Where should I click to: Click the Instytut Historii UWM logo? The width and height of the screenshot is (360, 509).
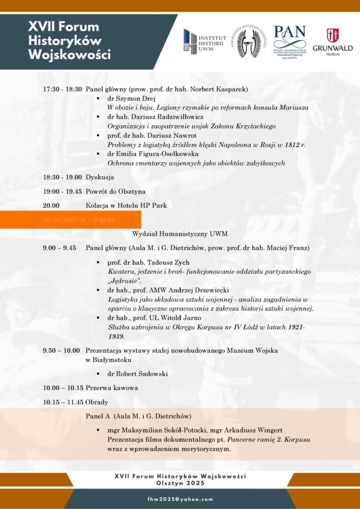coord(204,41)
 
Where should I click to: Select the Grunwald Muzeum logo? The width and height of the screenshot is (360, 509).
coord(332,42)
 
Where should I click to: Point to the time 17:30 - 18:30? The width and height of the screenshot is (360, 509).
coord(62,89)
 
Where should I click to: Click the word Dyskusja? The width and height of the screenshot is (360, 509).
coord(100,177)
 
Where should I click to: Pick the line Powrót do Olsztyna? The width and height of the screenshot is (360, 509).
coord(115,191)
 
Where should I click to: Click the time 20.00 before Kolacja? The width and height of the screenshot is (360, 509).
coord(51,205)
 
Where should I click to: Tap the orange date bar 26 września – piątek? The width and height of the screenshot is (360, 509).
coord(70,219)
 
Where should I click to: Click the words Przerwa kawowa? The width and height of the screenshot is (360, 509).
coord(112,388)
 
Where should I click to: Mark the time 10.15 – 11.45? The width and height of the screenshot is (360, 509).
coord(63,402)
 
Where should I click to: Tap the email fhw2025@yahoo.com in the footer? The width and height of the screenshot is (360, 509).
coord(180,500)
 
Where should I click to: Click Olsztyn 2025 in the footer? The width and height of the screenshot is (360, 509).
coord(180,482)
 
